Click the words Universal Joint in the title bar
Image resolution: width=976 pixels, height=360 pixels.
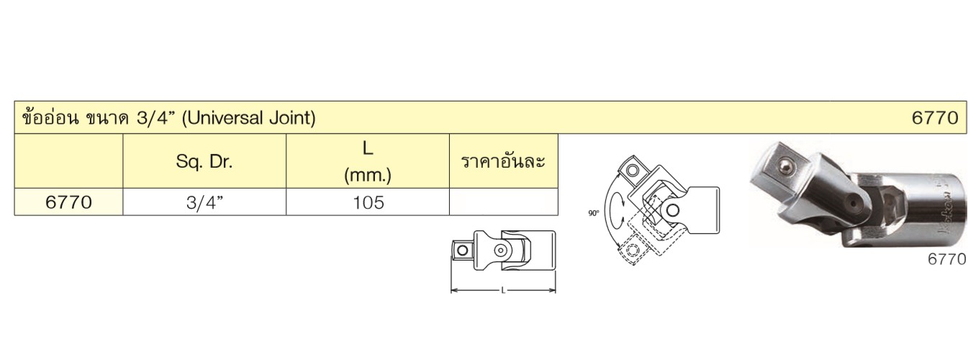tap(249, 117)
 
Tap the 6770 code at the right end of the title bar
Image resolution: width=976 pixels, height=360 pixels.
tap(934, 117)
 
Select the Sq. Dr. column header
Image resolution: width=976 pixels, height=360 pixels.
tap(204, 162)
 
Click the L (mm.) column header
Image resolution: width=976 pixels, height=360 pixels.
tap(368, 162)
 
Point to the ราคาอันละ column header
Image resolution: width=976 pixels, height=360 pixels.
tap(503, 161)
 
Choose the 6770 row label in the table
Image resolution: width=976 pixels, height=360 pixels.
tap(68, 202)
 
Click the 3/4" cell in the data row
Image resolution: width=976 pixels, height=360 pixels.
tap(204, 202)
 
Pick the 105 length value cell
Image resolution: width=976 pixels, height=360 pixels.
tap(369, 202)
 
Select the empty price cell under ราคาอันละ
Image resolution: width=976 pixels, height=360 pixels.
tap(504, 202)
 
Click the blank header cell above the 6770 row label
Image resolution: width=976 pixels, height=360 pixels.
tap(69, 161)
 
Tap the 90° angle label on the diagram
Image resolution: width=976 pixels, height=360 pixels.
tap(593, 214)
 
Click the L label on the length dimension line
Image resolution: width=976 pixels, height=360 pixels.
tap(503, 290)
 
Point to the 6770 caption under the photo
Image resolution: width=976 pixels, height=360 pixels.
tap(946, 259)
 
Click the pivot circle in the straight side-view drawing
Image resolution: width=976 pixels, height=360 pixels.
tap(501, 250)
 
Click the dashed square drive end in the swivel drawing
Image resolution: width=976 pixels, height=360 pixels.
tap(631, 250)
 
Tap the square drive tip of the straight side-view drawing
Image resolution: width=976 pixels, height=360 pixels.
tap(462, 250)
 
